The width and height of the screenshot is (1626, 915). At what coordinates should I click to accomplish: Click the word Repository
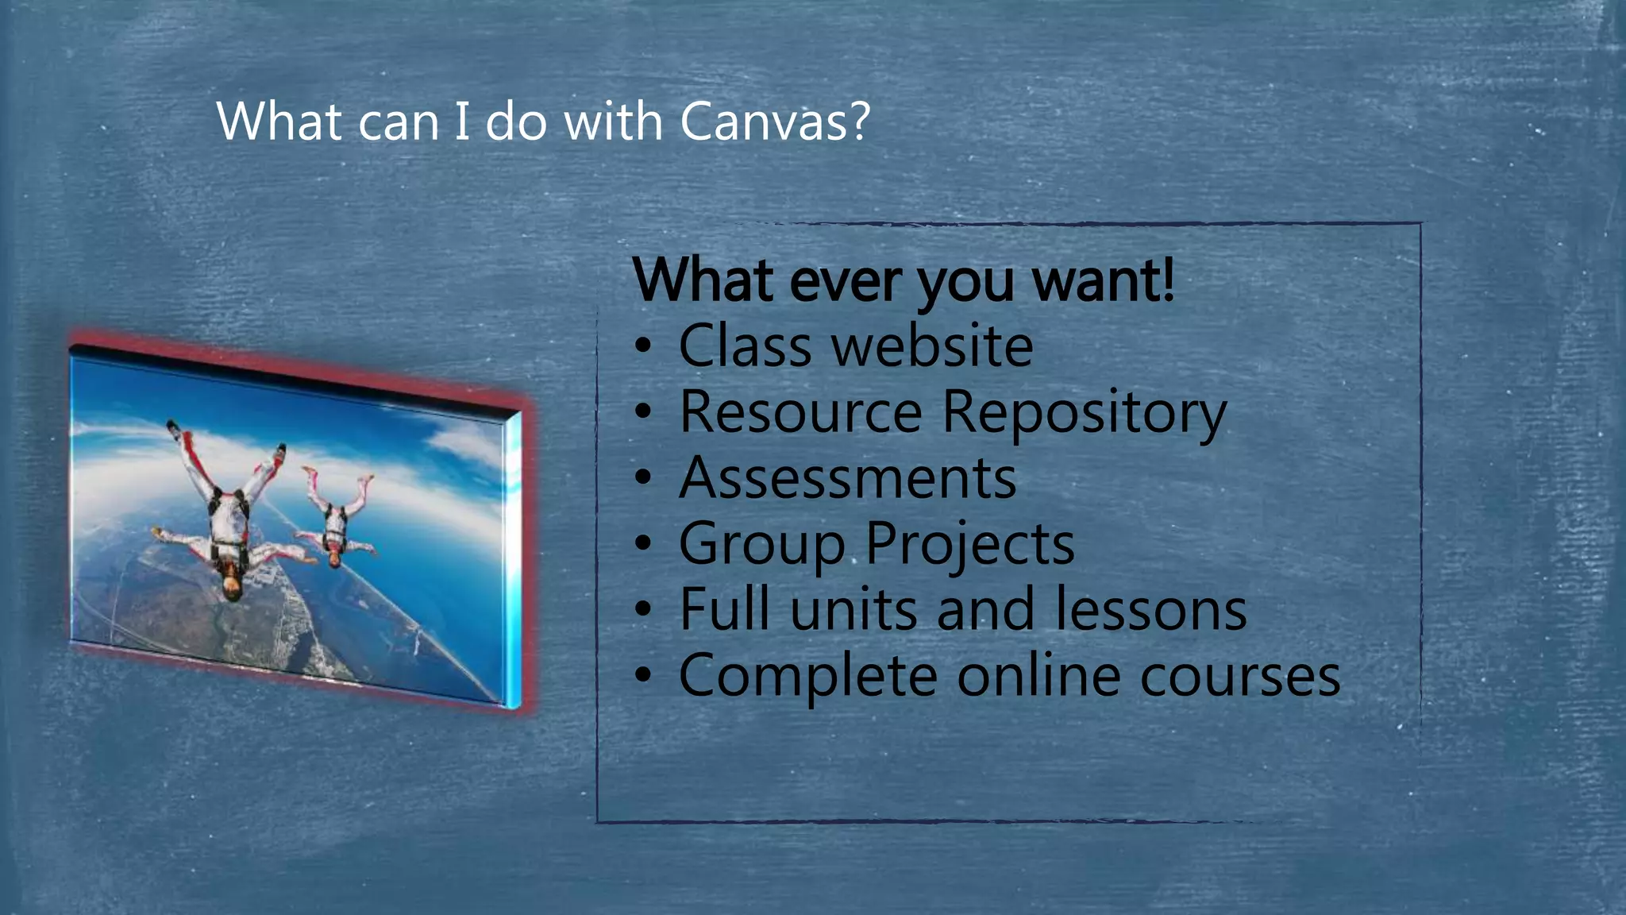(1084, 413)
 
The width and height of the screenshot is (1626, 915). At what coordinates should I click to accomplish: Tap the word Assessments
(847, 478)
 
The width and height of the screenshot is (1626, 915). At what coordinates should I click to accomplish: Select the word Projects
(969, 545)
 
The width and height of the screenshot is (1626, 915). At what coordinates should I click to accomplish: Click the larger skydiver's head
(231, 586)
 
